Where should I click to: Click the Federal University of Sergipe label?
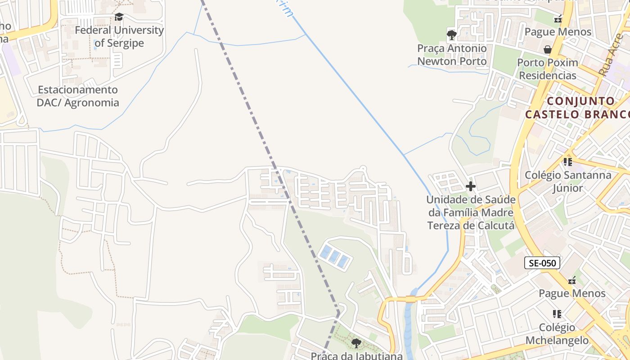point(119,37)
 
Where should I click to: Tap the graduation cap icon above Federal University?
point(119,17)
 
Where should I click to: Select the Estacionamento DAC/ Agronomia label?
point(78,96)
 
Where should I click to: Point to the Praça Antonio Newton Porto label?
point(452,54)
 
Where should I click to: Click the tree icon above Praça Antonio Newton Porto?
point(452,35)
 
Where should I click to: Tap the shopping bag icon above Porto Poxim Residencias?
point(548,49)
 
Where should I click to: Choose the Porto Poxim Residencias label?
point(548,69)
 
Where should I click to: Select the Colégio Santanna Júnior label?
point(568,181)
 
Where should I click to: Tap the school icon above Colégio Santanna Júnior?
point(568,162)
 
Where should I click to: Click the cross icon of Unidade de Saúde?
point(471,186)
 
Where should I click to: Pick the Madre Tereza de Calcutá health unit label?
point(471,212)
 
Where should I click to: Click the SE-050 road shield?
point(542,263)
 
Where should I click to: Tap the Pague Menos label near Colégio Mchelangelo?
point(572,293)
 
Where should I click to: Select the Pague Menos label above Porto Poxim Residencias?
point(558,32)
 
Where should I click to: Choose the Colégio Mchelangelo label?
point(557,333)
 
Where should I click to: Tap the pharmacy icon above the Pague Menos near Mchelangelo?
point(572,280)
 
